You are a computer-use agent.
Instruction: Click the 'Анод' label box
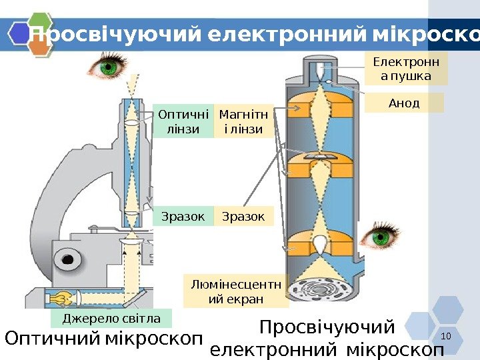[404, 103]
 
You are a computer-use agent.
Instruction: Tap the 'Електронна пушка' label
[406, 70]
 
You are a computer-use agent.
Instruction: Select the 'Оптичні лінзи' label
[183, 121]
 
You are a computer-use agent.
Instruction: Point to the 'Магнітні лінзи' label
[244, 121]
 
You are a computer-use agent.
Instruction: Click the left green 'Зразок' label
[183, 216]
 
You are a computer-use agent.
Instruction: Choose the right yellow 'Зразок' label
[243, 216]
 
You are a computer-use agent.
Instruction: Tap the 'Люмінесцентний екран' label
[236, 291]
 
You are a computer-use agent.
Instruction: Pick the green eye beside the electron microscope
[383, 237]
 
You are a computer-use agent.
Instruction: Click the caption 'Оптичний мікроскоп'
[103, 339]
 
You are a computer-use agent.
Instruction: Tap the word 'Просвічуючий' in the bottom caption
[327, 328]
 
